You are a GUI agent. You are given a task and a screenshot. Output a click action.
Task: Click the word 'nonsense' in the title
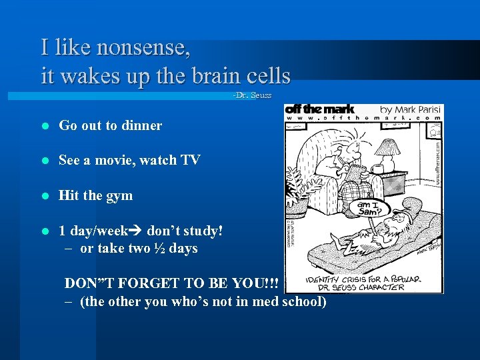(x=143, y=48)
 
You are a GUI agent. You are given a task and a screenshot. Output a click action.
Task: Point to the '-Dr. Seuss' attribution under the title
(x=252, y=96)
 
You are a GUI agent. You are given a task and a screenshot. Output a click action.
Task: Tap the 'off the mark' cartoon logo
(x=320, y=109)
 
